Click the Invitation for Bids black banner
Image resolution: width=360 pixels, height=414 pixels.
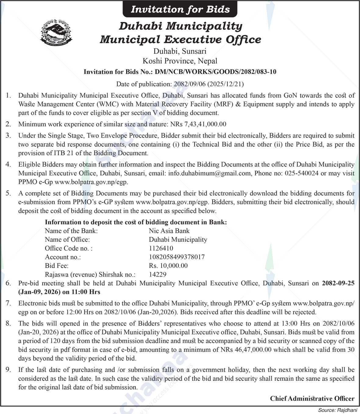click(x=180, y=9)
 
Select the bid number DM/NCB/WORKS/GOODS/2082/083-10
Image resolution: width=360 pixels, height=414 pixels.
click(x=216, y=72)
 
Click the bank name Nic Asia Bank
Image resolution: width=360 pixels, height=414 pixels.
click(x=169, y=231)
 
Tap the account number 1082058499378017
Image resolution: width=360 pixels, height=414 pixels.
click(x=177, y=257)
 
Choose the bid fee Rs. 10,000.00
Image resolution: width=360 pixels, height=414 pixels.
click(x=168, y=266)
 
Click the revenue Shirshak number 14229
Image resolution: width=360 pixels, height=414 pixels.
click(x=158, y=274)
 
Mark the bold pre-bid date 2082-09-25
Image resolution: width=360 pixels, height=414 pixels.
click(x=338, y=283)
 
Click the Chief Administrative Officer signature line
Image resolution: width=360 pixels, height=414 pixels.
click(x=312, y=398)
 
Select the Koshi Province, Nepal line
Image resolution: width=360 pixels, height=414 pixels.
click(x=180, y=61)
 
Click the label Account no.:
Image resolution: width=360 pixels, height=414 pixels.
click(x=63, y=257)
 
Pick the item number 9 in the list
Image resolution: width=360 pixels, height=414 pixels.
click(x=8, y=370)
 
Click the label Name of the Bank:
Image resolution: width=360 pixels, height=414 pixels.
click(x=71, y=231)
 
